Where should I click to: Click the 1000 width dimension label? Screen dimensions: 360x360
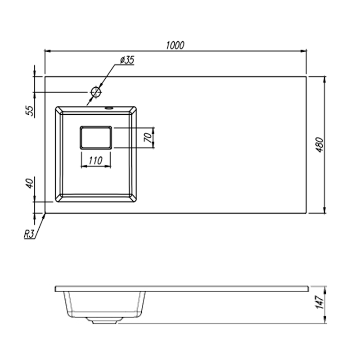point(175,45)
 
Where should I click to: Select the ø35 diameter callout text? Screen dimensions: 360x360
point(127,60)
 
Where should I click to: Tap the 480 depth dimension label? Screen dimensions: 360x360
point(319,145)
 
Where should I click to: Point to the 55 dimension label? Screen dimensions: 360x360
point(30,111)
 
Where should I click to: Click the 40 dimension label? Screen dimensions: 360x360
point(30,184)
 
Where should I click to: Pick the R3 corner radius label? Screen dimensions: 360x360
point(29,234)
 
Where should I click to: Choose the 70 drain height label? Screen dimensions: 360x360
point(148,138)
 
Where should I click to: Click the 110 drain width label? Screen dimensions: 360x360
point(95,161)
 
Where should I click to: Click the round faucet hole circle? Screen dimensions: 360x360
point(96,92)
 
